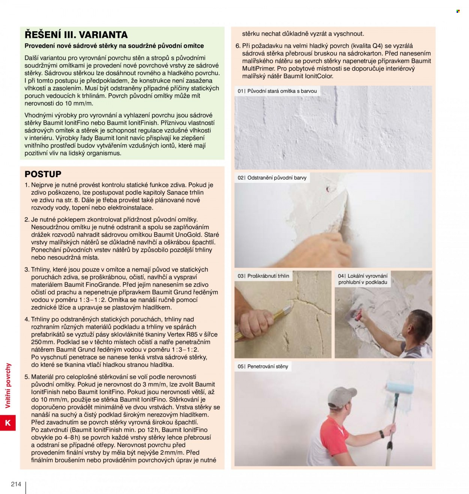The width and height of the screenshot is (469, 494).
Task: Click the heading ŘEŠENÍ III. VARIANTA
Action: coord(76,35)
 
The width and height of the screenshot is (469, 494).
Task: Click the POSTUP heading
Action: coord(43,174)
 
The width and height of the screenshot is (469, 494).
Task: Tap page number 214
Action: coord(16,484)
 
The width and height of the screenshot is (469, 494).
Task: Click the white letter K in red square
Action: coord(8,423)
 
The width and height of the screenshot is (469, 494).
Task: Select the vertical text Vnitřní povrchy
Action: coord(8,386)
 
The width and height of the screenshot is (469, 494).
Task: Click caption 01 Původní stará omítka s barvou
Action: coord(277,91)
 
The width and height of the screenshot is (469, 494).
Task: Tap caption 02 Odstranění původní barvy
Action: coord(272,178)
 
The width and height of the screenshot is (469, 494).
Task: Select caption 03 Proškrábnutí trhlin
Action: coord(263,276)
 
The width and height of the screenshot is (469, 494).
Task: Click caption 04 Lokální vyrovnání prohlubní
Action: coord(362,279)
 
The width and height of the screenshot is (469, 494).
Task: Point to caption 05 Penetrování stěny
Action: coord(263,366)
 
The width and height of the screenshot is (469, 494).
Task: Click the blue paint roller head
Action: coord(400,388)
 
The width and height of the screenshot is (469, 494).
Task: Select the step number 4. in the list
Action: coord(27,319)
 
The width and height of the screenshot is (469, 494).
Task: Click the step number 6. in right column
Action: coord(238,46)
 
